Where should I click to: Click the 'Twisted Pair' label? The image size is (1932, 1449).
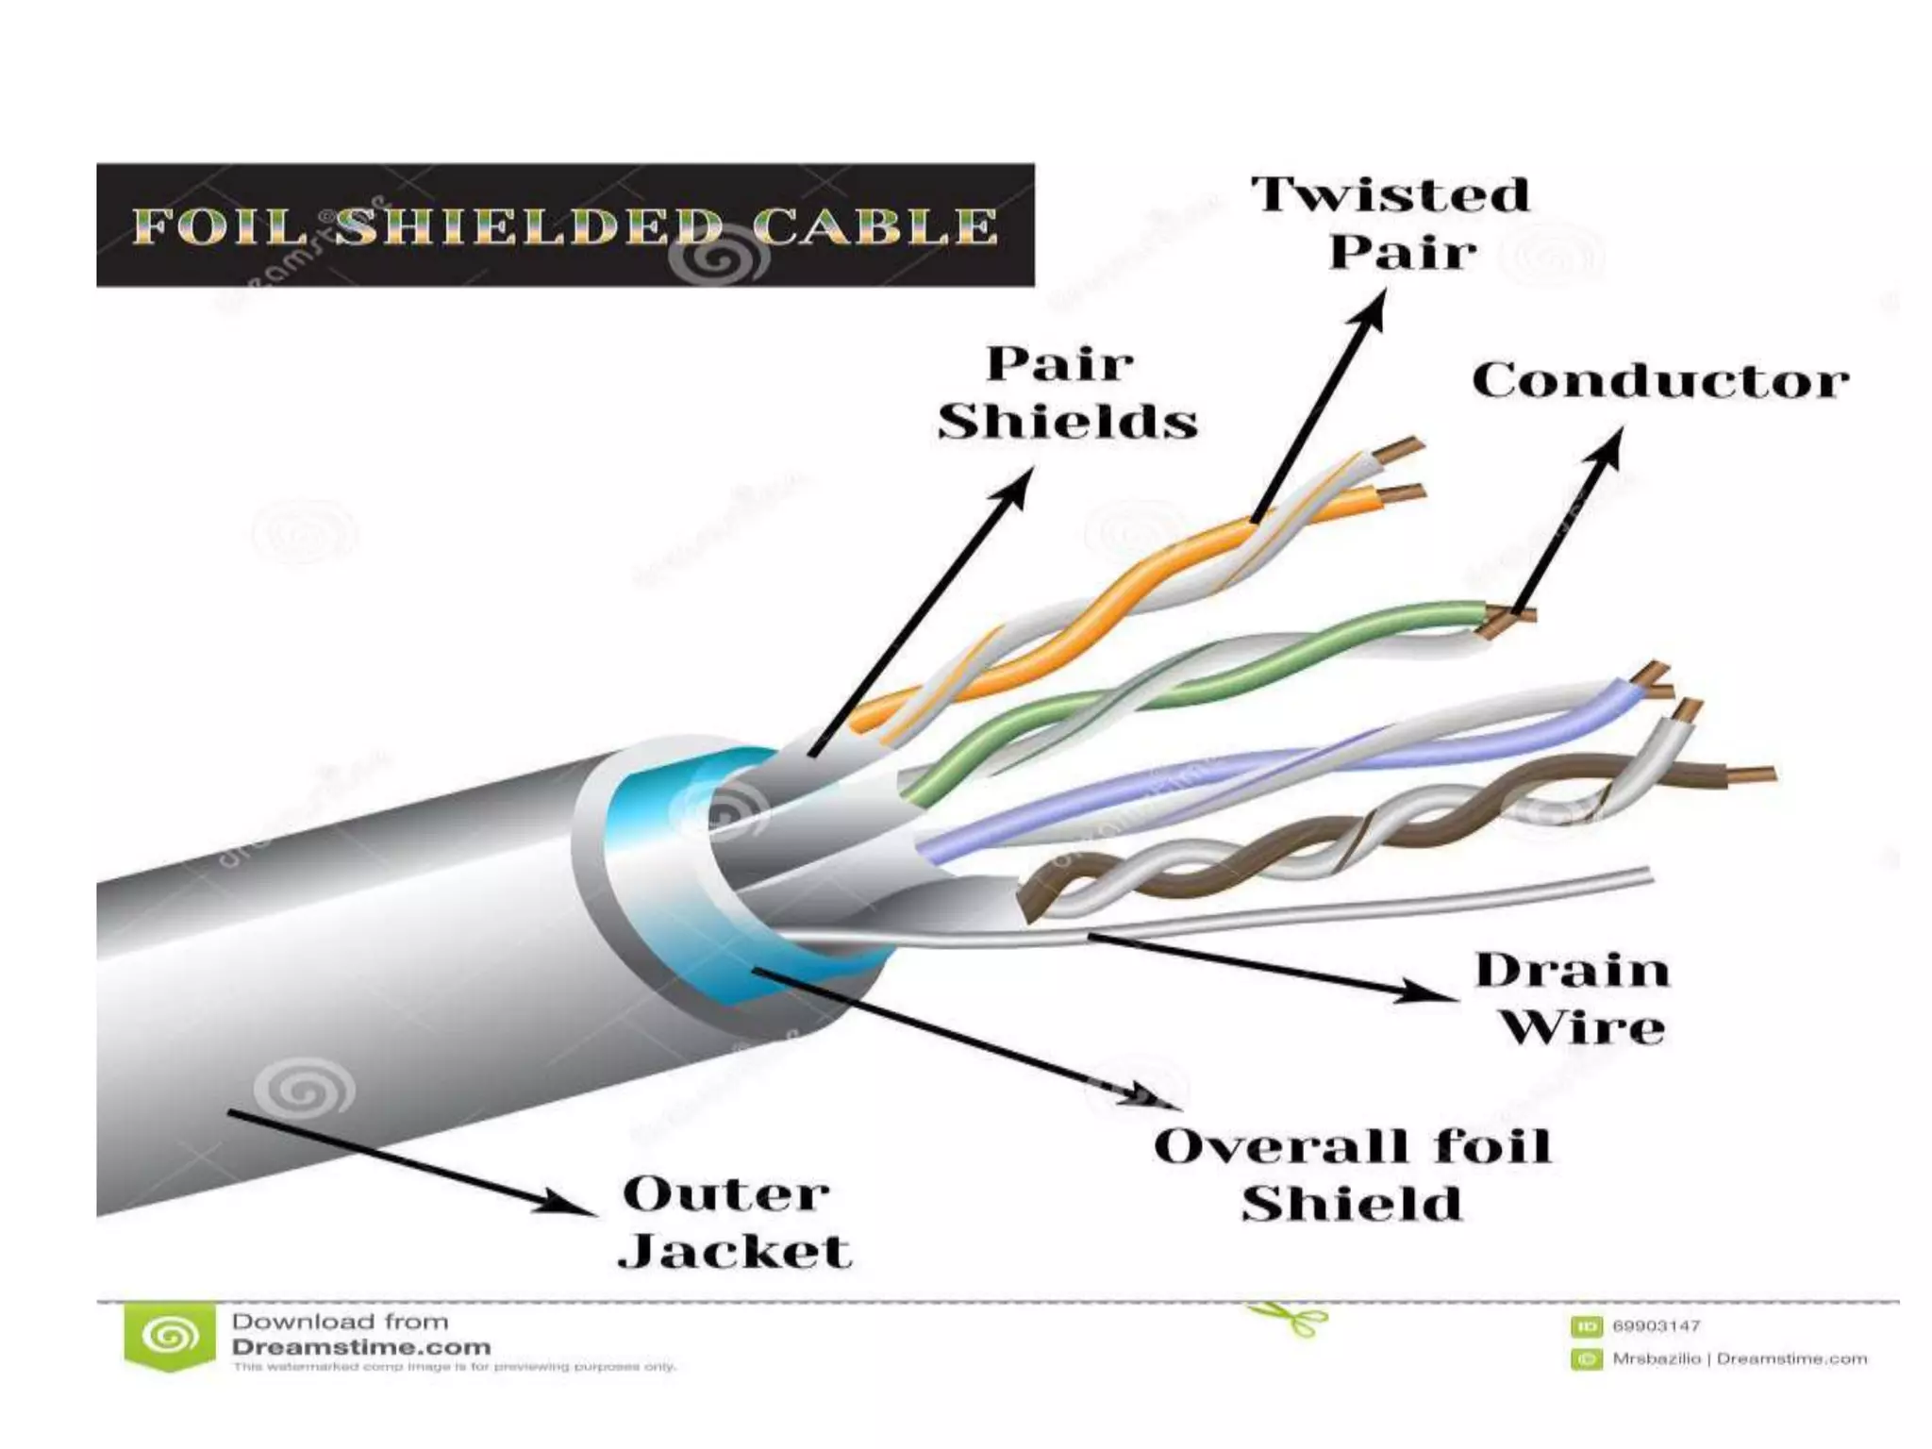click(1391, 224)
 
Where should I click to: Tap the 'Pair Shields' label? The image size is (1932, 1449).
click(1066, 393)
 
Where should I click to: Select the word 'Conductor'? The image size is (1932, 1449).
click(1659, 382)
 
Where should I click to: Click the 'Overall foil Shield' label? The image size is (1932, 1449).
click(1352, 1174)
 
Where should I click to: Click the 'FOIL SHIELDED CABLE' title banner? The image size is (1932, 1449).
click(565, 225)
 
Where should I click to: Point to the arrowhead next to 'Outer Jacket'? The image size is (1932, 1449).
click(566, 1205)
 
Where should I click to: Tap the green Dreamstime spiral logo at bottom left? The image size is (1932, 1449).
click(170, 1338)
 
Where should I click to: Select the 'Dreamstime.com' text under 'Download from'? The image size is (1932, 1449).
click(361, 1347)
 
